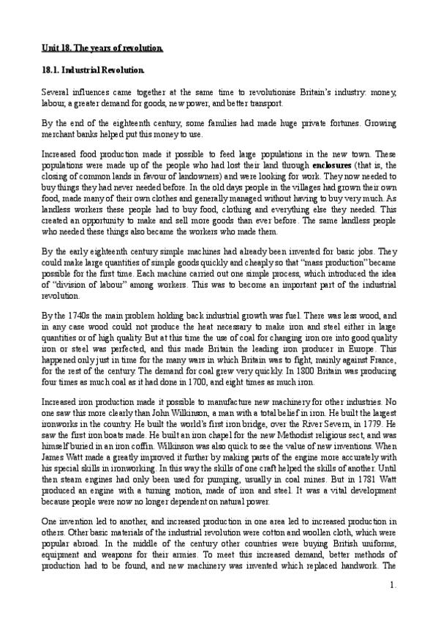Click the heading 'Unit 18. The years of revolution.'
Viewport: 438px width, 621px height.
click(x=102, y=48)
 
